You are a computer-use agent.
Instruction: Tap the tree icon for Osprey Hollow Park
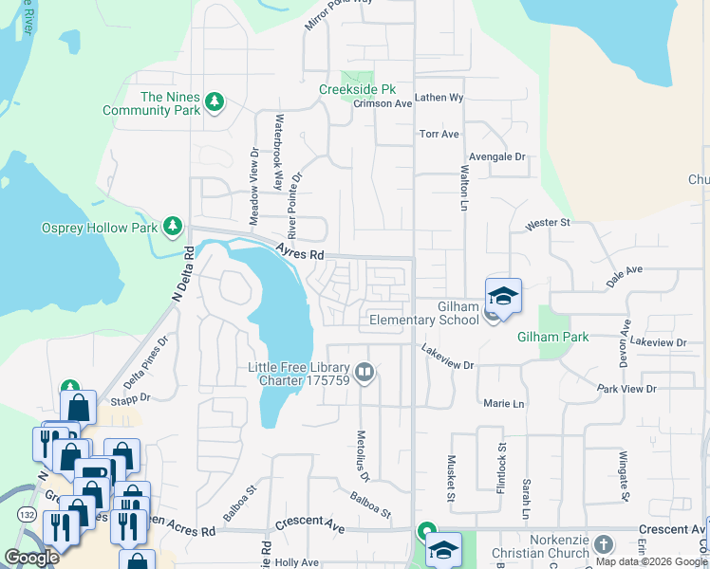click(172, 227)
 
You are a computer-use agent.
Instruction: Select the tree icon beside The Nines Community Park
click(215, 101)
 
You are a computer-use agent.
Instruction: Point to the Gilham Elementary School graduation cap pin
click(504, 295)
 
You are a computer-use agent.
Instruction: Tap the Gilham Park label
click(552, 337)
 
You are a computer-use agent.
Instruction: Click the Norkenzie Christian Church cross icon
click(605, 545)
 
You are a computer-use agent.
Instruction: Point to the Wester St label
click(547, 223)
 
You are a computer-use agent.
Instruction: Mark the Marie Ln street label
click(503, 404)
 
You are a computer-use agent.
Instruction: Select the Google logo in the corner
click(31, 558)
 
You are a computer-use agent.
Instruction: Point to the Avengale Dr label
click(496, 156)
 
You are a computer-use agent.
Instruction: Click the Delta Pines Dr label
click(145, 363)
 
